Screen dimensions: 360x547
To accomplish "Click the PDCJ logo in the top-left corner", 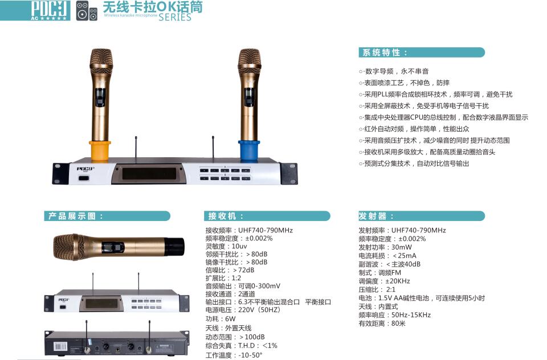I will tap(35, 10).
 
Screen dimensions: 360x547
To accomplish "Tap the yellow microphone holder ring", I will tap(100, 150).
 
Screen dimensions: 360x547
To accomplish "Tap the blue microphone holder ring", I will tap(249, 150).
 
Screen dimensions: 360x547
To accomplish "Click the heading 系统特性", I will tap(385, 52).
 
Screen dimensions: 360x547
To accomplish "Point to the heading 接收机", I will tap(224, 216).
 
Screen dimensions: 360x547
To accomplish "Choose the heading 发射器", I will tap(373, 216).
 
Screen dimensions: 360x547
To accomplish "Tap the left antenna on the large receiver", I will tap(136, 147).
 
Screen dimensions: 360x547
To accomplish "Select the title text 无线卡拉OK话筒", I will tap(152, 7).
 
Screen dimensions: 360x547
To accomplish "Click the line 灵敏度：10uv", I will tap(226, 246).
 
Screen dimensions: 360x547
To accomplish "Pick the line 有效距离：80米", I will tap(382, 324).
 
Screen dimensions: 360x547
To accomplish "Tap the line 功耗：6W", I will tap(221, 319).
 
